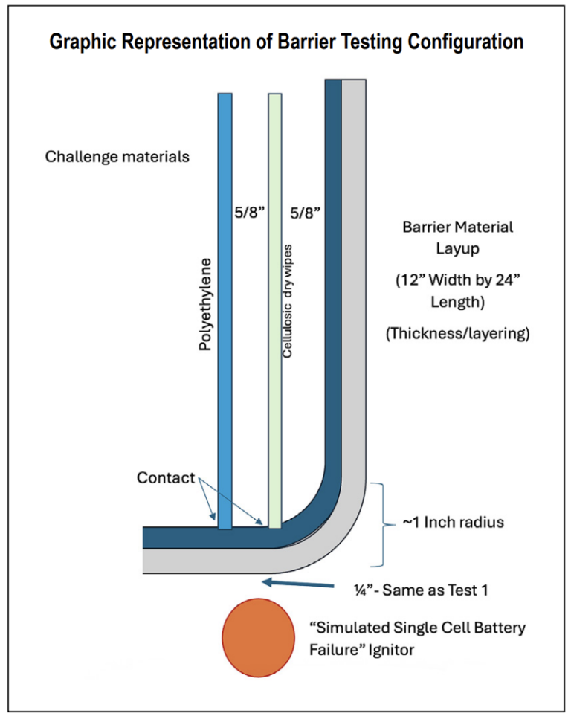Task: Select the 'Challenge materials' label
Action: coord(117,157)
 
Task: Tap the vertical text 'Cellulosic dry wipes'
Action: coord(288,300)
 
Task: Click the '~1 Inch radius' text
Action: coord(453,522)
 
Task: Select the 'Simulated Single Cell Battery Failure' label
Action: coord(417,628)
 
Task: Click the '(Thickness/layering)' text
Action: coord(457,335)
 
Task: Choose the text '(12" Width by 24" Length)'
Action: coord(457,293)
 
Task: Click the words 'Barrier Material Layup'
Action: coord(457,236)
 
